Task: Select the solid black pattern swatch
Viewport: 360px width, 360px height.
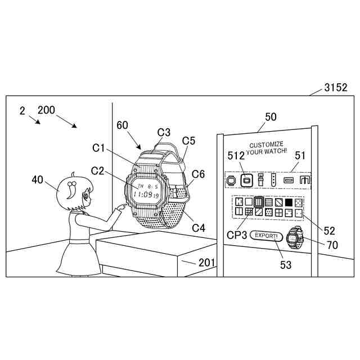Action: pyautogui.click(x=289, y=201)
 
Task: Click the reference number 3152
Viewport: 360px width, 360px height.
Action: pyautogui.click(x=335, y=88)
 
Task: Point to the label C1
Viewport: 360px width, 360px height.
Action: pyautogui.click(x=99, y=148)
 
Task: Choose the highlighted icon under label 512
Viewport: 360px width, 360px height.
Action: pyautogui.click(x=245, y=180)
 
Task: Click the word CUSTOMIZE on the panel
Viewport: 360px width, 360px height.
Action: pyautogui.click(x=267, y=144)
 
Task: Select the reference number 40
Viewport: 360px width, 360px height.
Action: pyautogui.click(x=37, y=179)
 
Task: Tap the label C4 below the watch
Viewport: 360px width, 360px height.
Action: pyautogui.click(x=198, y=228)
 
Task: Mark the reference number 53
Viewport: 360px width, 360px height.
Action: pyautogui.click(x=286, y=264)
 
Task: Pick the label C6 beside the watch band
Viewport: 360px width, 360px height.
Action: pyautogui.click(x=199, y=174)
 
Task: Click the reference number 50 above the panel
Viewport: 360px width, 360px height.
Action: pyautogui.click(x=271, y=117)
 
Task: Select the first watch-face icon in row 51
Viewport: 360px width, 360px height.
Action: pyautogui.click(x=231, y=180)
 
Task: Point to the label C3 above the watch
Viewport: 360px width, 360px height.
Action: pyautogui.click(x=164, y=132)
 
